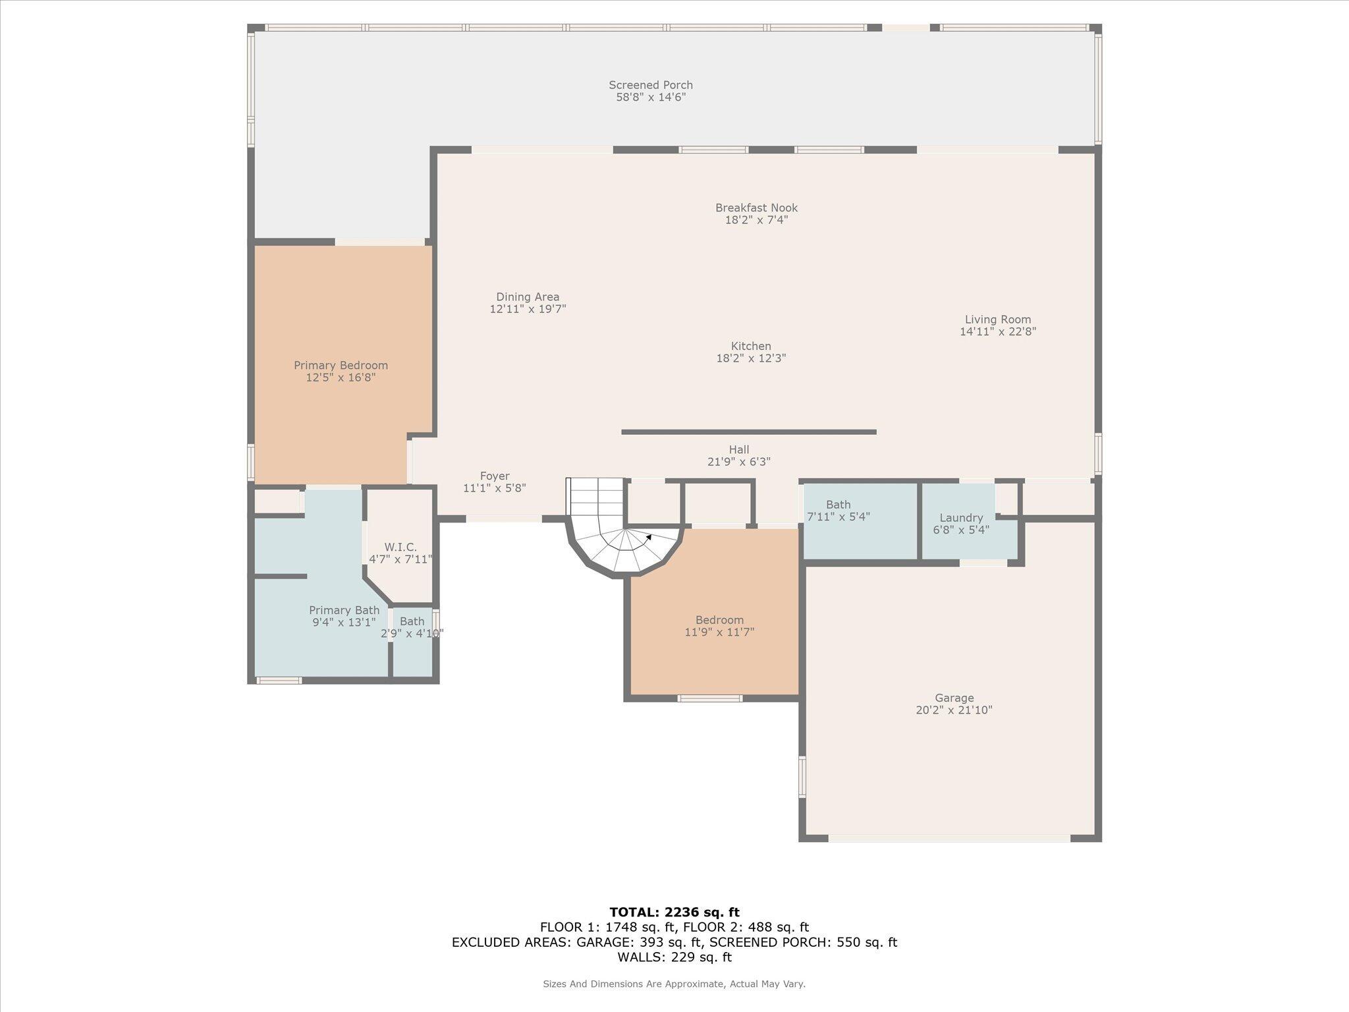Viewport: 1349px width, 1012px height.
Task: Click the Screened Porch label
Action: [650, 85]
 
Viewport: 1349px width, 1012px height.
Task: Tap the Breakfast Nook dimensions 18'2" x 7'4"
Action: [756, 220]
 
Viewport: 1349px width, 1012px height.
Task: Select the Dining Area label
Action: [528, 297]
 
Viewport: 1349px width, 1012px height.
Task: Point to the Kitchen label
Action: [751, 347]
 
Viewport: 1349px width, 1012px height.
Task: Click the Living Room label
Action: [998, 320]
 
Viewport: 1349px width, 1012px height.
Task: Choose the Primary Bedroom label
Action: [341, 366]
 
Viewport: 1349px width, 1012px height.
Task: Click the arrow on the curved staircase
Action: [649, 537]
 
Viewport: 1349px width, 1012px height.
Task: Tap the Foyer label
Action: [494, 476]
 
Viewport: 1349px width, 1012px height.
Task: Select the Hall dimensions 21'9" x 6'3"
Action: [738, 463]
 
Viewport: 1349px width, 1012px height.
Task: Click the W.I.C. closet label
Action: [400, 548]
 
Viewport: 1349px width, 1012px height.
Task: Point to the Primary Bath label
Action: [344, 611]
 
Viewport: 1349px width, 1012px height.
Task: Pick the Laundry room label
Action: [961, 518]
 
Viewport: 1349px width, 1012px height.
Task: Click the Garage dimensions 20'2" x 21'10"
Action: [954, 710]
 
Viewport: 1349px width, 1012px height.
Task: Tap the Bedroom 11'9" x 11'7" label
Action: [719, 621]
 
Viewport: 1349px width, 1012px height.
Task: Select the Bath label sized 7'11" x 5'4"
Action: [838, 505]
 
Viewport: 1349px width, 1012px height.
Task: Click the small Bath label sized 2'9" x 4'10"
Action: [412, 621]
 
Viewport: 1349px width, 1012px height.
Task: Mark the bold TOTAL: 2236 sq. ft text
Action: [674, 913]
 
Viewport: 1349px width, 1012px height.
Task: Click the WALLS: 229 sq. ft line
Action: [674, 957]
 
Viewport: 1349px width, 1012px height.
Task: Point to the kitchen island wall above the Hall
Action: [748, 432]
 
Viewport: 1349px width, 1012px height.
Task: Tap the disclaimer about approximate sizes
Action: [674, 984]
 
